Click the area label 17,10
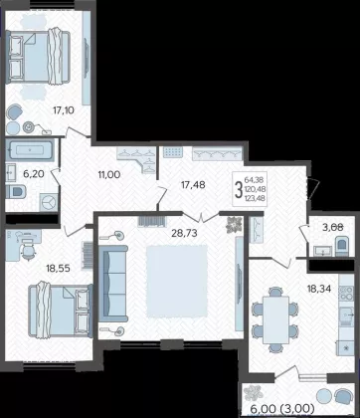64,110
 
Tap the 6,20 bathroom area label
34,173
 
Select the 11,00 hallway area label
109,174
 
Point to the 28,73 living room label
184,233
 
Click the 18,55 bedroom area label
59,268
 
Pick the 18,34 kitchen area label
319,289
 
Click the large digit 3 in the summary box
238,190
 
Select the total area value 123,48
256,198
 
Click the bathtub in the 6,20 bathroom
30,150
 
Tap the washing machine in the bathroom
49,202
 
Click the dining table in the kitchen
275,319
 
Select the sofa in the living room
113,284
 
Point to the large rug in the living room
177,282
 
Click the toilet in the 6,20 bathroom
16,191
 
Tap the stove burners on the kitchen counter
346,294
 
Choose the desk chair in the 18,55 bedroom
29,250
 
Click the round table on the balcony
324,396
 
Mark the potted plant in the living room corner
233,226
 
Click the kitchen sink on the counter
346,314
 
